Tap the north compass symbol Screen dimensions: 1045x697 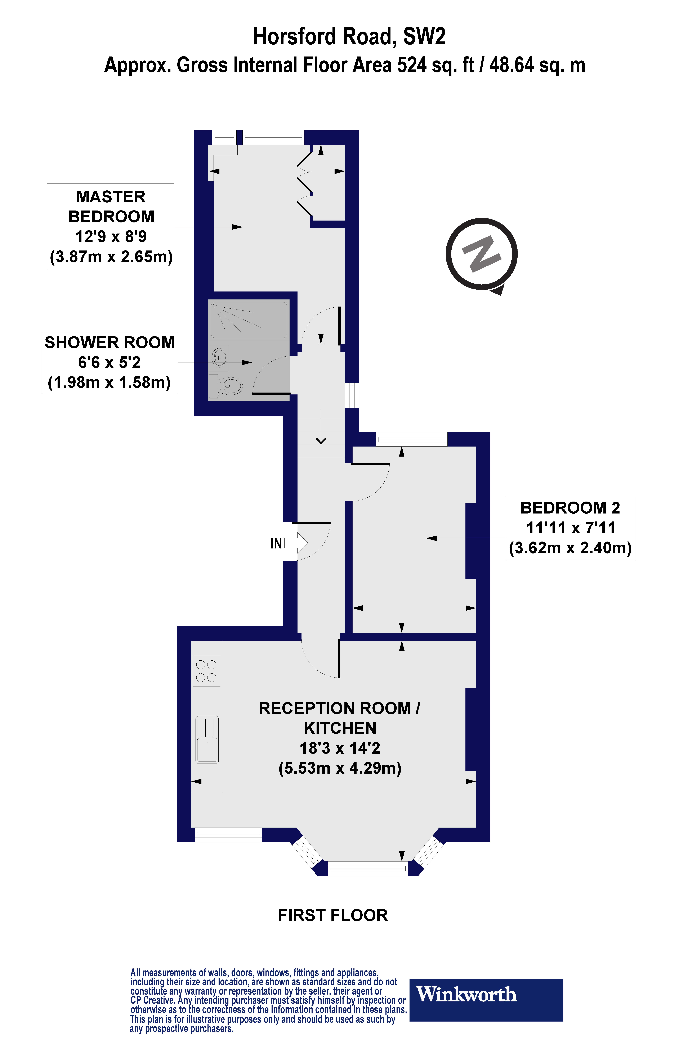click(x=482, y=255)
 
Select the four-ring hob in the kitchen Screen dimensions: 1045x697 click(x=206, y=671)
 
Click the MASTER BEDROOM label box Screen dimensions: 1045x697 click(x=111, y=227)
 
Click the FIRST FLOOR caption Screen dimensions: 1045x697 click(x=333, y=915)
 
